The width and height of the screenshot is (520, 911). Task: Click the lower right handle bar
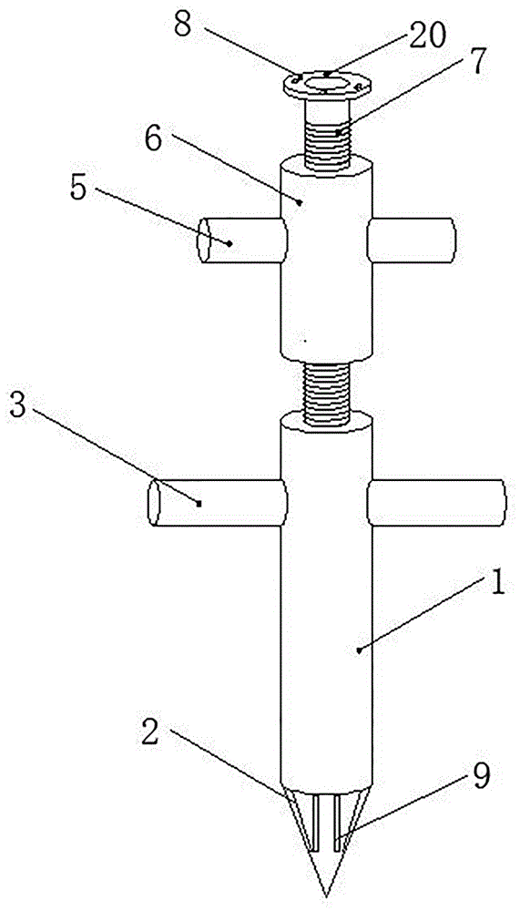[436, 503]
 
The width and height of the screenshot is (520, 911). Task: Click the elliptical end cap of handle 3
[154, 503]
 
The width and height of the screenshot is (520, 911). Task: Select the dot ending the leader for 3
[199, 504]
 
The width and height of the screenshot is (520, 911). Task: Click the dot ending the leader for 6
[300, 202]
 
